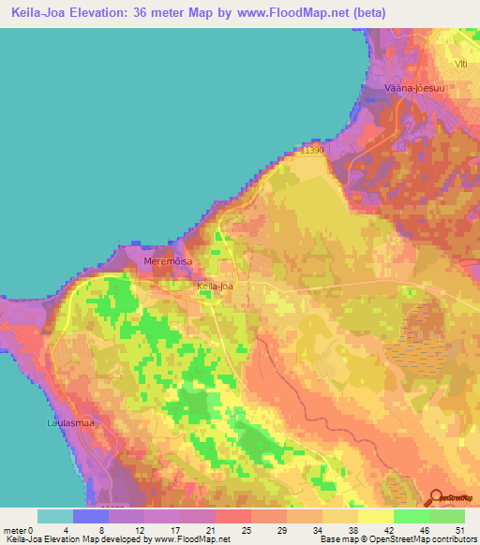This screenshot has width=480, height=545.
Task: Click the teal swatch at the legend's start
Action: [54, 516]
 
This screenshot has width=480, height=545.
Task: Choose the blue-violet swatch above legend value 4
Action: [90, 516]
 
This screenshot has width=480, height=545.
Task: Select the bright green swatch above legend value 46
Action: [412, 516]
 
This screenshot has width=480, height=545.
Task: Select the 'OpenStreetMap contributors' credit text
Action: [424, 539]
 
